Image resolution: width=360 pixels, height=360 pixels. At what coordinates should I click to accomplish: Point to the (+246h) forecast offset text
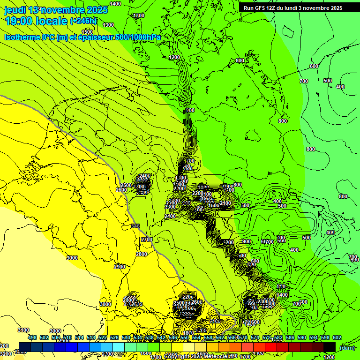point(83,21)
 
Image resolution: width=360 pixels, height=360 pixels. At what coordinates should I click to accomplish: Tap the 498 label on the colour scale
point(32,337)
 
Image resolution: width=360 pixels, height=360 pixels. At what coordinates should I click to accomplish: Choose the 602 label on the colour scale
point(337,337)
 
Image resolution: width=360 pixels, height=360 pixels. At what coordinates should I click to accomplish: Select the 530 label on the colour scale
point(126,337)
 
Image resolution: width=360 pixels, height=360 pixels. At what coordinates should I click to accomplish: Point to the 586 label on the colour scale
point(290,337)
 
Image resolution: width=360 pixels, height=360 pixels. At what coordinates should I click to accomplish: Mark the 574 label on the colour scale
point(255,337)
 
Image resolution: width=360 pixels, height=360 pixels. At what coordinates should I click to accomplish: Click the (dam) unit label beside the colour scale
point(347,347)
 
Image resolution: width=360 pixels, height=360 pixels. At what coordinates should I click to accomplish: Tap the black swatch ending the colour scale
point(330,347)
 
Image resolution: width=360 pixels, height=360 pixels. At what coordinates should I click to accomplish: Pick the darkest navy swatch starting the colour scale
point(25,347)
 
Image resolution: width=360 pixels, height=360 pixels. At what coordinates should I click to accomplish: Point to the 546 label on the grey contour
point(135,226)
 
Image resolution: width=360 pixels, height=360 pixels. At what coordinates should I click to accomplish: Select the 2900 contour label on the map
point(120,266)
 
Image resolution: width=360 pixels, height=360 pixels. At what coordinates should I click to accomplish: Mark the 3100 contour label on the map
point(23,330)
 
